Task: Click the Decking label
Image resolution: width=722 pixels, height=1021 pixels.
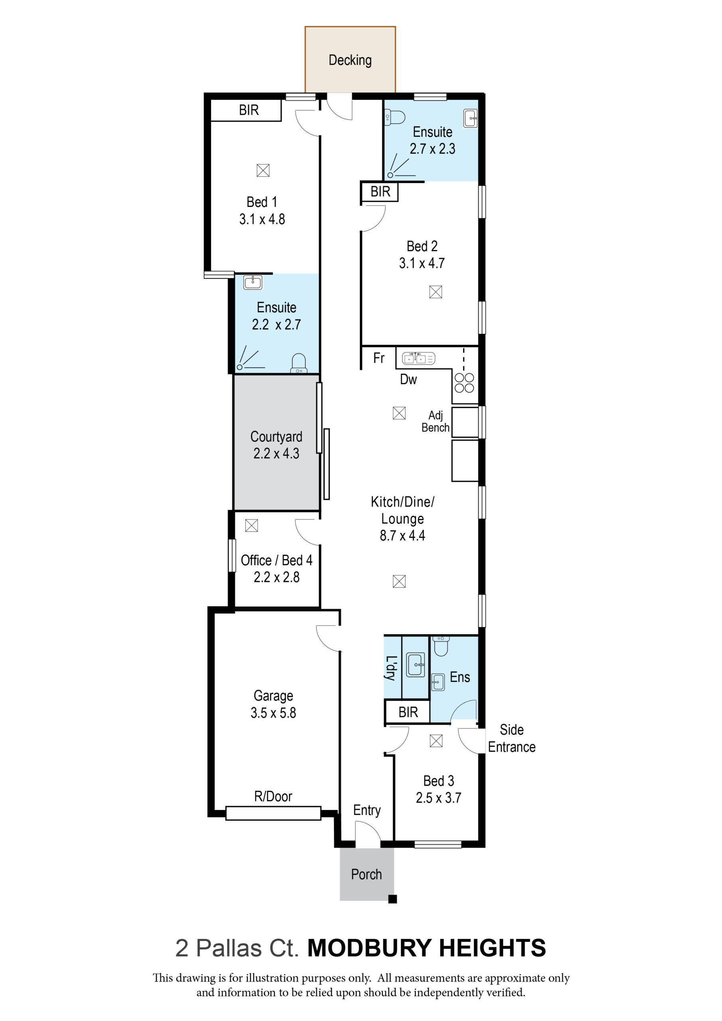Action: pos(350,60)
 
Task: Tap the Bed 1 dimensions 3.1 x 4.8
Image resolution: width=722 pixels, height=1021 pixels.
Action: pos(262,219)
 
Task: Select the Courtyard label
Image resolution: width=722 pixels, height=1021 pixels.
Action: pos(276,437)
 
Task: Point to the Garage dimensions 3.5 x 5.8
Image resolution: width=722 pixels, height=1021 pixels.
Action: pos(273,712)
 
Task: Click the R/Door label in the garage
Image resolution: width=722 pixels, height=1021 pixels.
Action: pos(273,796)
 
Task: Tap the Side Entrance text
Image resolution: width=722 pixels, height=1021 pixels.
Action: pos(512,738)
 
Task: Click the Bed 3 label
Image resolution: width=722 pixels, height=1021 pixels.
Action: pos(439,781)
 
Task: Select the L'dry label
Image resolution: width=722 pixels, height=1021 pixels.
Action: pos(391,668)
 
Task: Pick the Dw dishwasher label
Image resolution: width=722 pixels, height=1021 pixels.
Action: pos(408,379)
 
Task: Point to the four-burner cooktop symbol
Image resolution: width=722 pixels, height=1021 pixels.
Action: pos(464,383)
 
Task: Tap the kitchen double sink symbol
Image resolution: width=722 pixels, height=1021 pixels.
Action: pos(418,358)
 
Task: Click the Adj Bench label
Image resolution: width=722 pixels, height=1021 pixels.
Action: pos(436,421)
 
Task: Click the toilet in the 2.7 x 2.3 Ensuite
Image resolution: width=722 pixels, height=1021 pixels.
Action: pos(395,117)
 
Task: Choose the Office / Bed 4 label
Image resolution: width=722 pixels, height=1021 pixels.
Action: pos(276,560)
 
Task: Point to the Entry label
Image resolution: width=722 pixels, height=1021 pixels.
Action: pos(367,810)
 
